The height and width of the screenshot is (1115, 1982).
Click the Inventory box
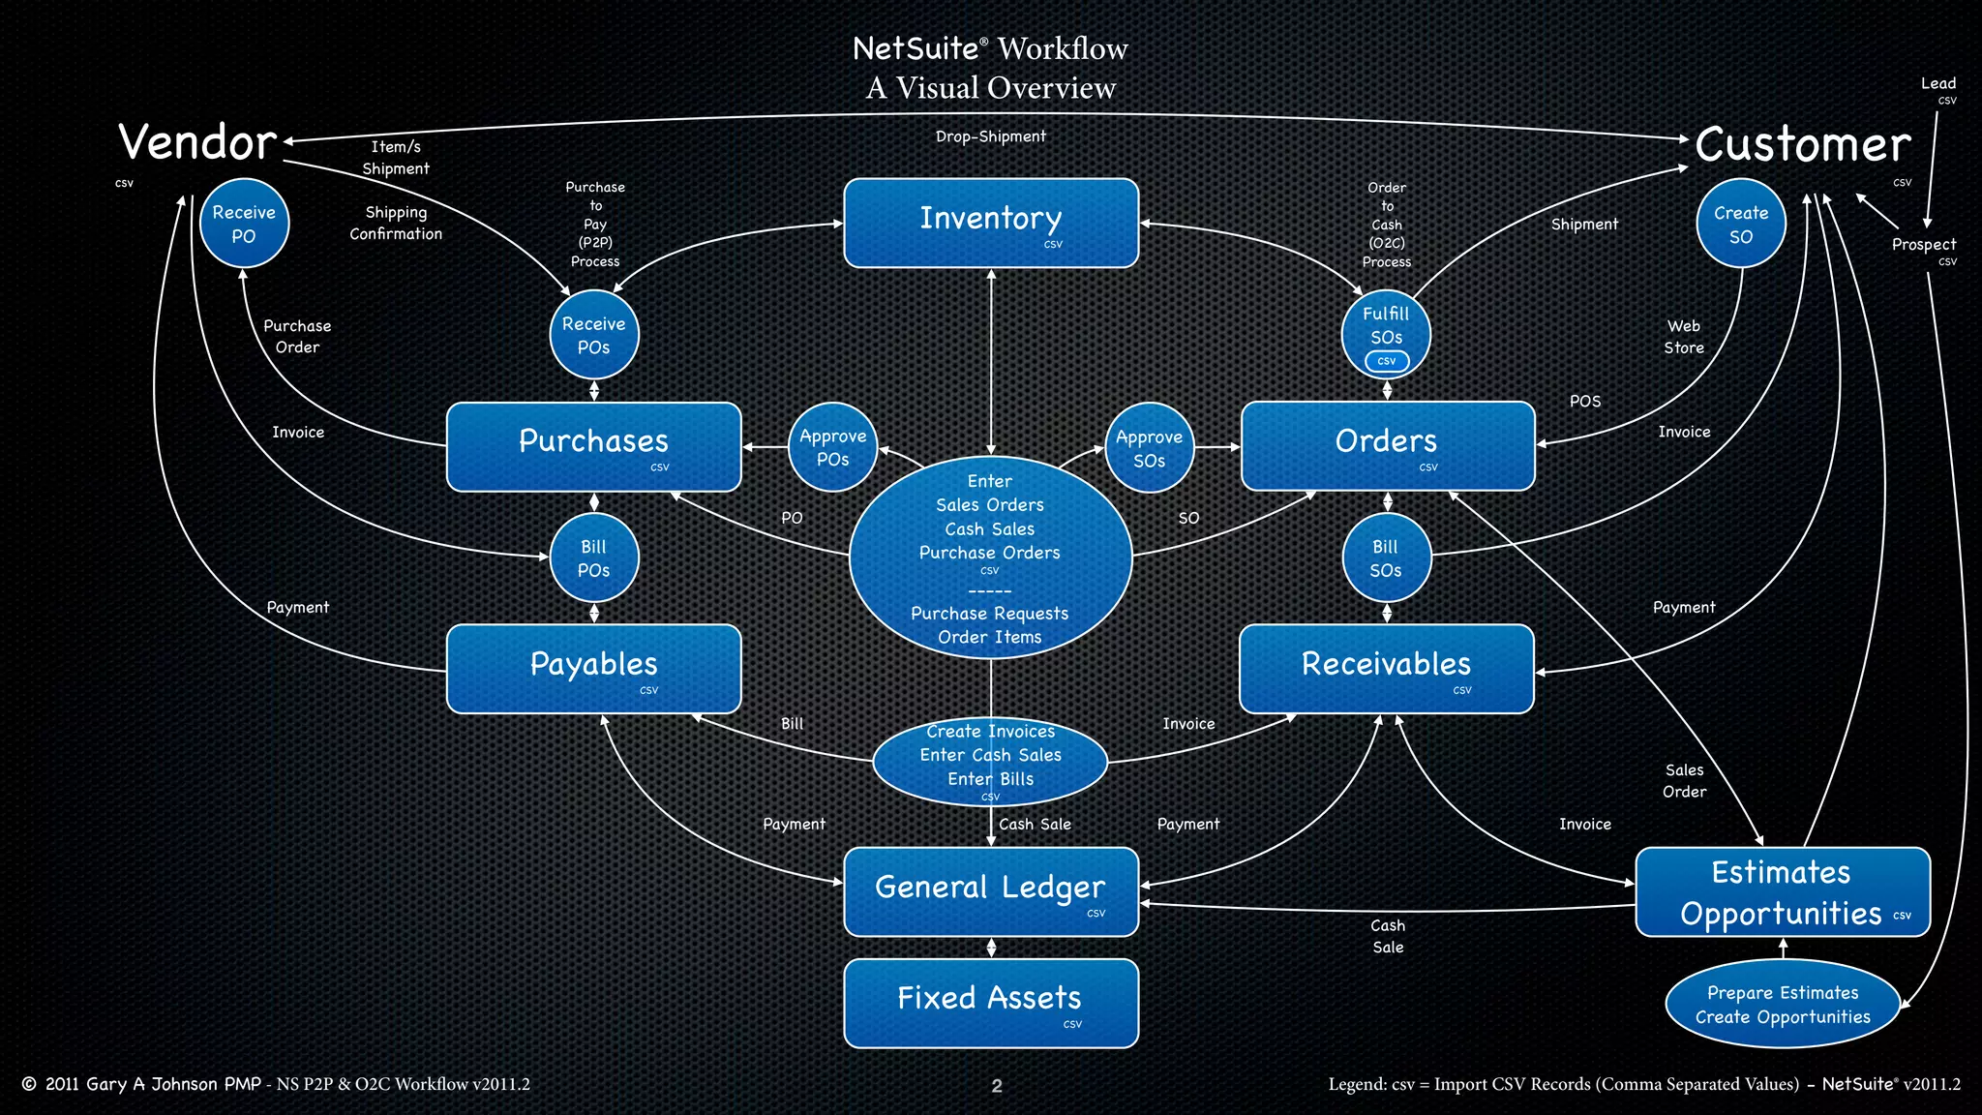[x=990, y=223]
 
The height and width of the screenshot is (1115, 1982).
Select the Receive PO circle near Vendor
[x=244, y=224]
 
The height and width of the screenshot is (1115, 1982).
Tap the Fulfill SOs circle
[x=1386, y=333]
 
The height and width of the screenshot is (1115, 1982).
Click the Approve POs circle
[x=832, y=447]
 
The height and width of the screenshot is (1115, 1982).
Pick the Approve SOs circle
[x=1149, y=448]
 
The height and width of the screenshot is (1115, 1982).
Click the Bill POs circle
[x=593, y=558]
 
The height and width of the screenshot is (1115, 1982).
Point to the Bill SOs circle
[x=1386, y=558]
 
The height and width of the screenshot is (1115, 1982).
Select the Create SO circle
[x=1740, y=224]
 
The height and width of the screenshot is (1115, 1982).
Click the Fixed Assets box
[x=990, y=1003]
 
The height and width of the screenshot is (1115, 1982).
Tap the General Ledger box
[x=990, y=891]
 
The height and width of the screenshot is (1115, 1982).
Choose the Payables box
[x=593, y=669]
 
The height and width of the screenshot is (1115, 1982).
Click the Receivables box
[x=1386, y=669]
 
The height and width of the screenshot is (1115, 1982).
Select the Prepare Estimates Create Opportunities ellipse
[x=1782, y=1004]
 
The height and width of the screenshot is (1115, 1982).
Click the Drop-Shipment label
[x=990, y=136]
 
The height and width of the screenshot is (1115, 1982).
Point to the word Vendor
[x=197, y=142]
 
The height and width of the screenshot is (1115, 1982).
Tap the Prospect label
[x=1923, y=244]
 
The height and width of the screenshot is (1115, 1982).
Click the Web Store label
[x=1683, y=337]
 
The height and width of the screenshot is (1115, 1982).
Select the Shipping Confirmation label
[x=396, y=223]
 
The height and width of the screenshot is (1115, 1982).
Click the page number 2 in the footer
[x=996, y=1086]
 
